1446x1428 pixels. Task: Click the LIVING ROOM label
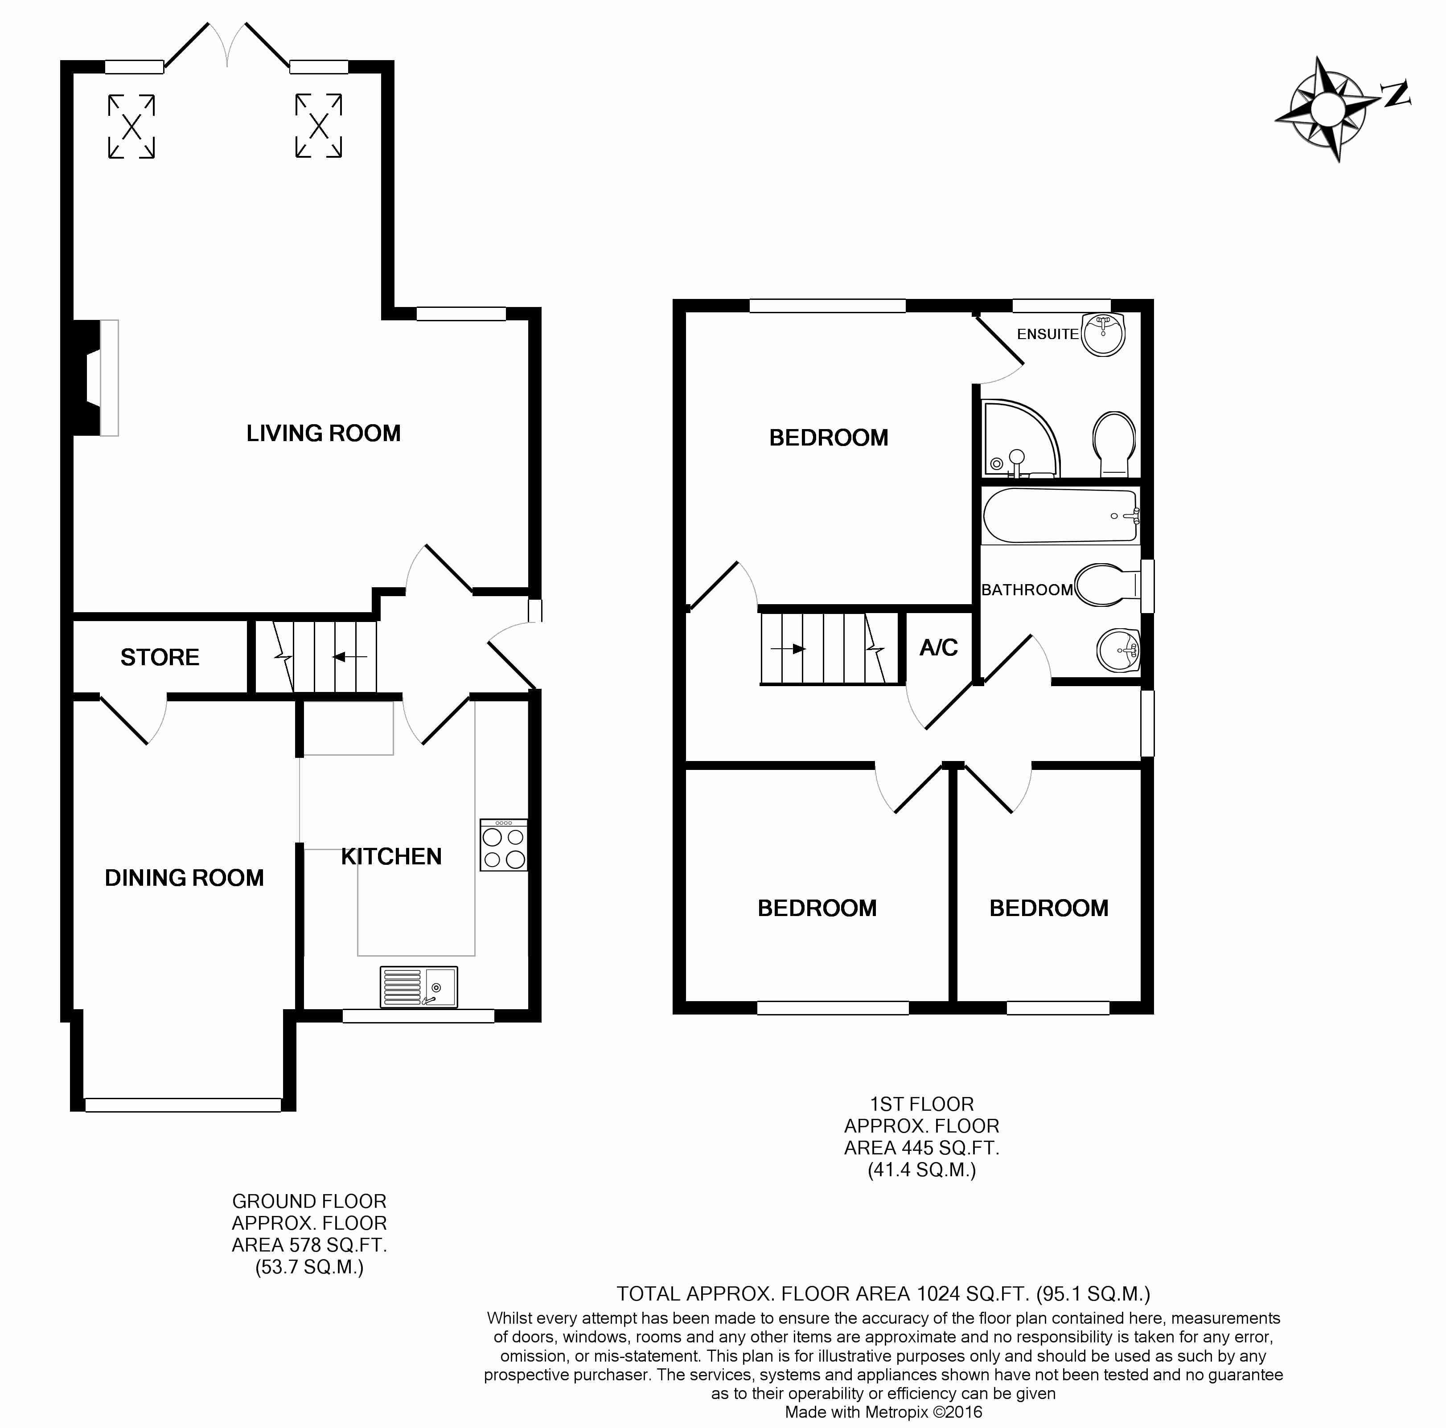tap(323, 433)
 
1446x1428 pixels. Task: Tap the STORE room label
tap(160, 658)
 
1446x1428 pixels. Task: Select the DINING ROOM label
tap(184, 877)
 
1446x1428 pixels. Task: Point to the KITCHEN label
tap(391, 856)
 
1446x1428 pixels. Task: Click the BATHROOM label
tap(1027, 590)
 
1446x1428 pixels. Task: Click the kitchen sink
tap(419, 986)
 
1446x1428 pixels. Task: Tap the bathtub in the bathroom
tap(1060, 516)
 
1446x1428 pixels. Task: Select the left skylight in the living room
tap(132, 127)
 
